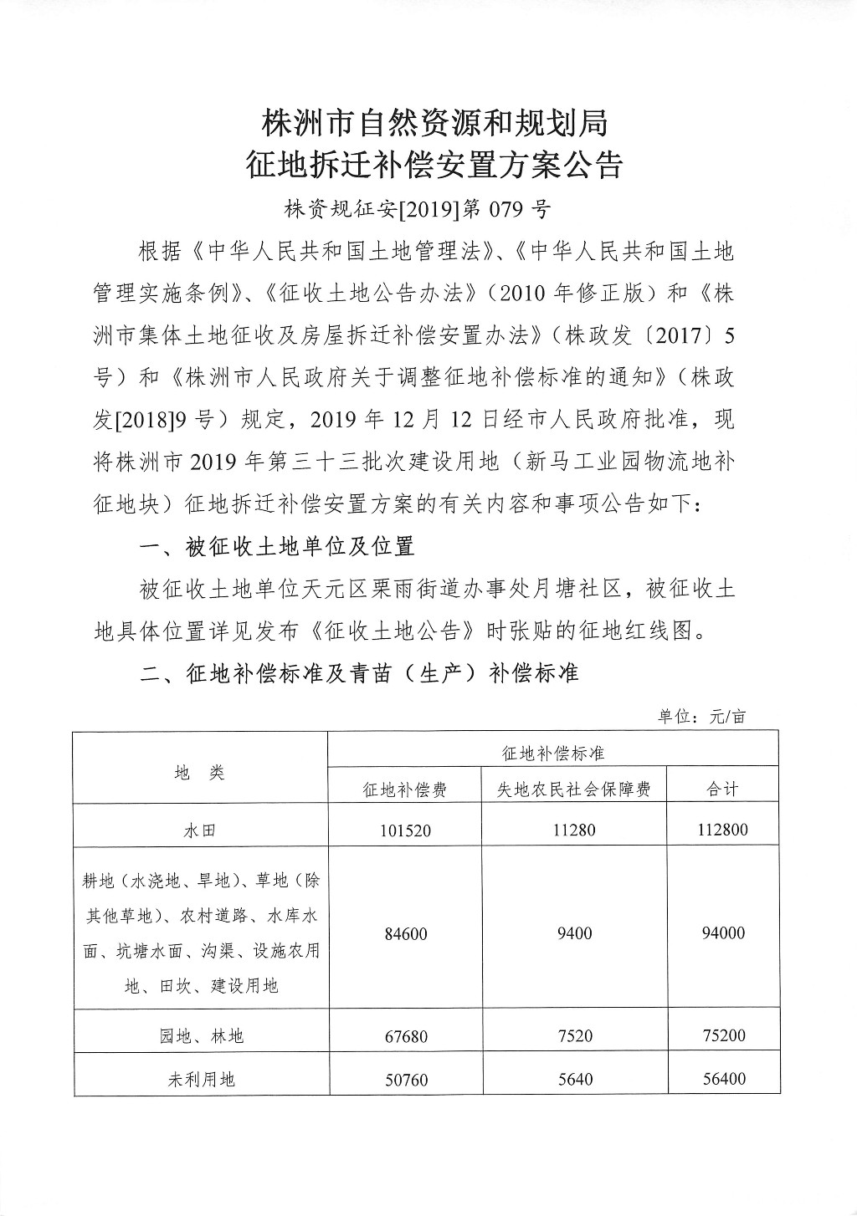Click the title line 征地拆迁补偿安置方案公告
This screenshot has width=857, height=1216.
coord(434,165)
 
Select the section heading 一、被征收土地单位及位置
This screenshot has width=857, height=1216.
coord(277,547)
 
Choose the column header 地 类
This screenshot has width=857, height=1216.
coord(200,772)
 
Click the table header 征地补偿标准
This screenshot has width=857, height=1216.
coord(552,753)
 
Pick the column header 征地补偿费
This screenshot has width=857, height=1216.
coord(405,789)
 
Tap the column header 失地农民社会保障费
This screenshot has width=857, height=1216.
coord(574,789)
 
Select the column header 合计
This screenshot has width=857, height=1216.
coord(723,789)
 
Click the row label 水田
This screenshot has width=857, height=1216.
coord(200,830)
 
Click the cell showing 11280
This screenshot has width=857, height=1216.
coord(574,830)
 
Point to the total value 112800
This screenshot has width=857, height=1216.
coord(723,830)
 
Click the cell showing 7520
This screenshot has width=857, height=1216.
coord(574,1036)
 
